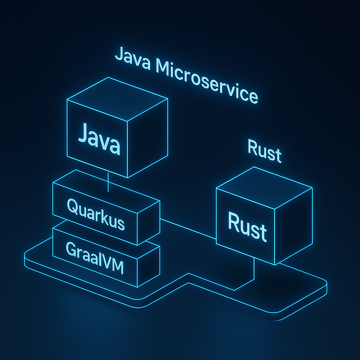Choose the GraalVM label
click(x=95, y=258)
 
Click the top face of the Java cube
click(x=118, y=99)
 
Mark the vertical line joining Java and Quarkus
click(x=108, y=181)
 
